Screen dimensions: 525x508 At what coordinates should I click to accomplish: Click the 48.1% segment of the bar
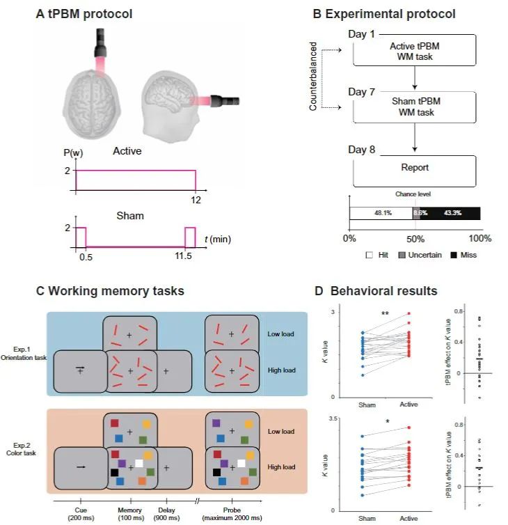(x=381, y=214)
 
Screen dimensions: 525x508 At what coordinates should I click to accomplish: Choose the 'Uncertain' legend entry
(x=421, y=255)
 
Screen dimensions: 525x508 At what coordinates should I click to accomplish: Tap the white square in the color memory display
(x=139, y=463)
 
